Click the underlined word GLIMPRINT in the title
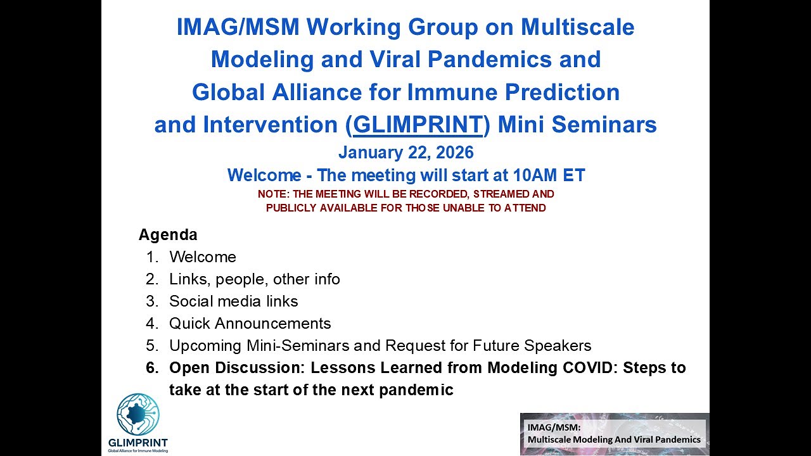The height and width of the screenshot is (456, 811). [x=418, y=125]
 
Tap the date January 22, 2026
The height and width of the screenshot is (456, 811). [x=405, y=153]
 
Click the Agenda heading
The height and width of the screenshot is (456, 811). [x=168, y=235]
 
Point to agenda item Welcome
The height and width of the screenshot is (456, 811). [x=202, y=257]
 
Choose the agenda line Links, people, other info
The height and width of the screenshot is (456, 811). [x=254, y=279]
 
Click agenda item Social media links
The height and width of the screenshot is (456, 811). [x=233, y=301]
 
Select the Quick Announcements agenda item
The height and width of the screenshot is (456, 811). [x=250, y=324]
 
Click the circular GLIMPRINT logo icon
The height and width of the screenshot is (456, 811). [x=137, y=414]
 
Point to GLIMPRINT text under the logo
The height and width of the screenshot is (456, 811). [x=138, y=442]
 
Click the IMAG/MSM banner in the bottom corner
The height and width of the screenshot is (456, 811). [x=613, y=434]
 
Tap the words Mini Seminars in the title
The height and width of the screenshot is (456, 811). [x=577, y=125]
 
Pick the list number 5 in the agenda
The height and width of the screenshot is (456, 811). [x=151, y=346]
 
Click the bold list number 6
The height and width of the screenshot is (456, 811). [x=151, y=368]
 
